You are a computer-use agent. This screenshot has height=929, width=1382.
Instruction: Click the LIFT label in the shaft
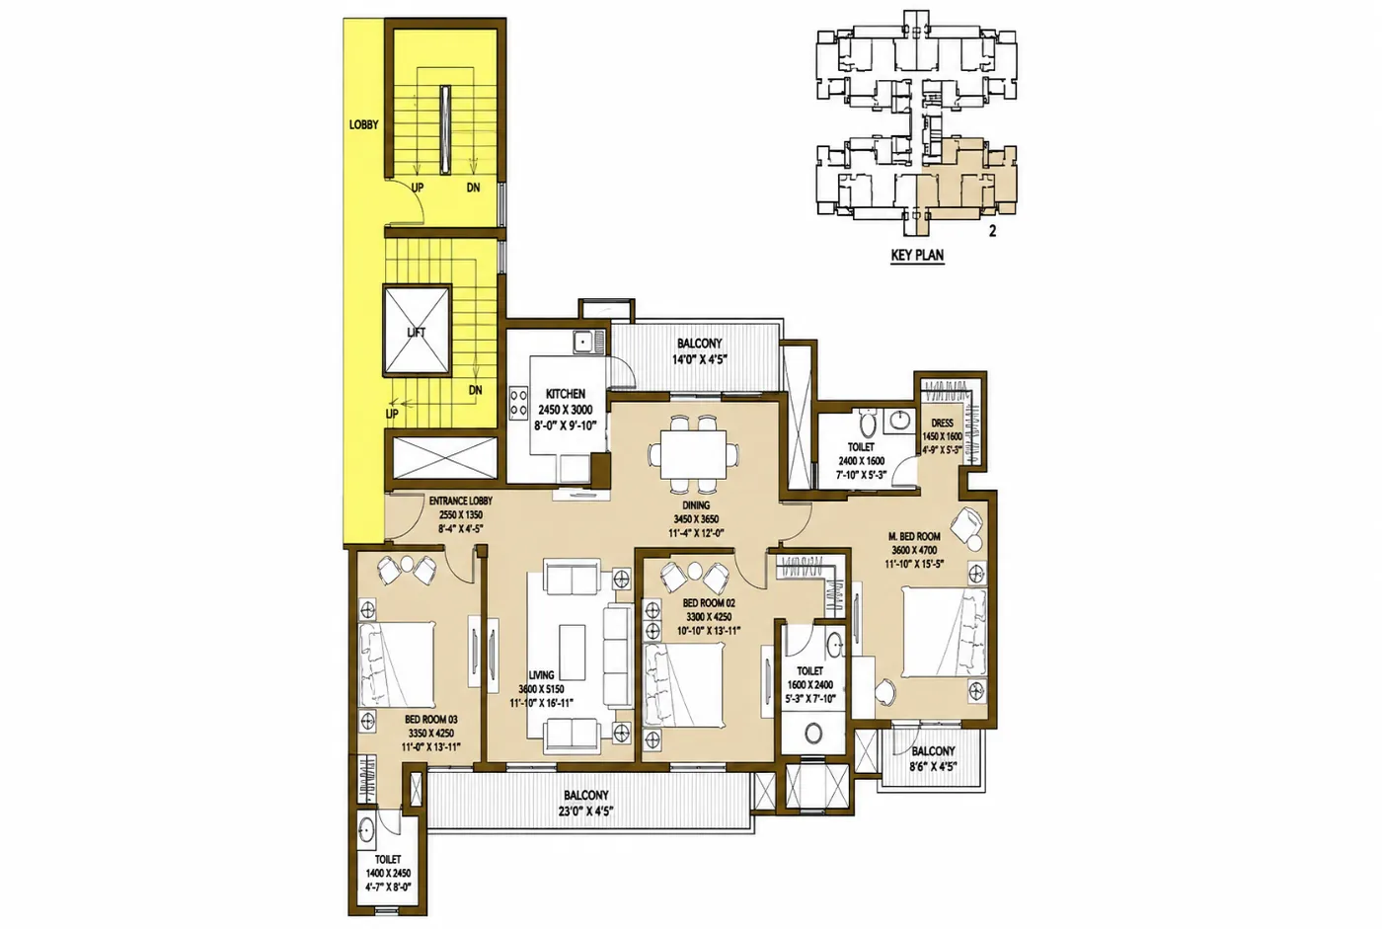pyautogui.click(x=417, y=333)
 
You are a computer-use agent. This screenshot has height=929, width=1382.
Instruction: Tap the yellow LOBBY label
pyautogui.click(x=363, y=124)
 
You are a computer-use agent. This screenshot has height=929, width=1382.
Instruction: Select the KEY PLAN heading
pyautogui.click(x=917, y=255)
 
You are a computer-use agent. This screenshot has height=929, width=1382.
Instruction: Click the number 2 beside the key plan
pyautogui.click(x=993, y=231)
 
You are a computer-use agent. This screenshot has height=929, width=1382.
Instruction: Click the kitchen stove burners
pyautogui.click(x=518, y=402)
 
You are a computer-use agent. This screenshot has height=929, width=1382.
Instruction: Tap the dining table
pyautogui.click(x=693, y=453)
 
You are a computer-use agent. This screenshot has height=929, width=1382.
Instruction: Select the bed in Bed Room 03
pyautogui.click(x=397, y=664)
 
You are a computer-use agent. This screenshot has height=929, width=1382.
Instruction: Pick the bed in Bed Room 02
pyautogui.click(x=683, y=685)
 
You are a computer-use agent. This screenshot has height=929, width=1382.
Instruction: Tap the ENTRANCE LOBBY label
pyautogui.click(x=461, y=501)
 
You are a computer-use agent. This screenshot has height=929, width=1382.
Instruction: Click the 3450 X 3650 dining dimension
pyautogui.click(x=696, y=519)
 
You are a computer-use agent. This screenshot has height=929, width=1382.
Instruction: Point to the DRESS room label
pyautogui.click(x=942, y=424)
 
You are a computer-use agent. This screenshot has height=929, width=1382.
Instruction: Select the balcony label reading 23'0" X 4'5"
pyautogui.click(x=585, y=812)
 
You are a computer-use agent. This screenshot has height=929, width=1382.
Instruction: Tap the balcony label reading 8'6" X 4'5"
pyautogui.click(x=933, y=767)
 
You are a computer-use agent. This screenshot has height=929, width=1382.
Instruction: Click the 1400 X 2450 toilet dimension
pyautogui.click(x=388, y=874)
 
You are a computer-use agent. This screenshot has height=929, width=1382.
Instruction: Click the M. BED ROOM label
pyautogui.click(x=915, y=537)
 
